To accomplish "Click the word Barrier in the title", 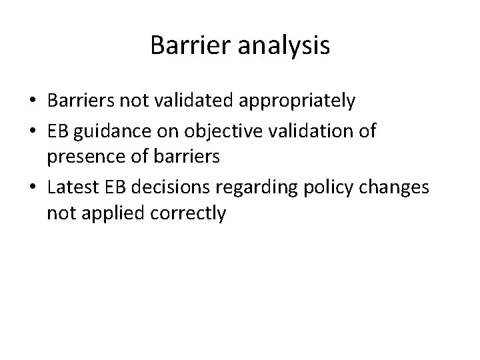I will coord(186,45).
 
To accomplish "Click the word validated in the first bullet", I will coord(194,101).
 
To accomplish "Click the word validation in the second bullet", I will coord(307,131).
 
